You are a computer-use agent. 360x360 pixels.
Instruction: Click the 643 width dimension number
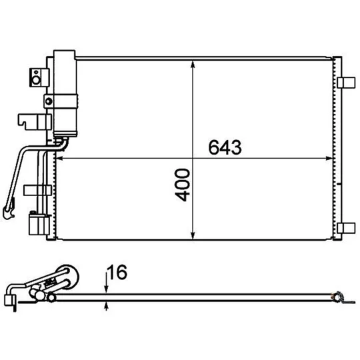pyautogui.click(x=225, y=147)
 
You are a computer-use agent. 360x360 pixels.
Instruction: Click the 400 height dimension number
pyautogui.click(x=183, y=185)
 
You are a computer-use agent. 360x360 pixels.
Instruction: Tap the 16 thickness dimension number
pyautogui.click(x=117, y=272)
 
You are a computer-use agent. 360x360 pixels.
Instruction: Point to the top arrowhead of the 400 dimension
pyautogui.click(x=193, y=65)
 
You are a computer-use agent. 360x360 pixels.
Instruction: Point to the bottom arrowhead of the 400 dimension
pyautogui.click(x=193, y=235)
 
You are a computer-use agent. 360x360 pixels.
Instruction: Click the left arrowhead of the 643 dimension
pyautogui.click(x=60, y=158)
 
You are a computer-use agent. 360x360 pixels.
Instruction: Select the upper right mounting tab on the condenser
pyautogui.click(x=346, y=83)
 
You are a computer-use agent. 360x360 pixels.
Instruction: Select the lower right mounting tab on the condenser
pyautogui.click(x=346, y=228)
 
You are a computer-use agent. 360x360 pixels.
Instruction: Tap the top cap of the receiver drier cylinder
pyautogui.click(x=64, y=55)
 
